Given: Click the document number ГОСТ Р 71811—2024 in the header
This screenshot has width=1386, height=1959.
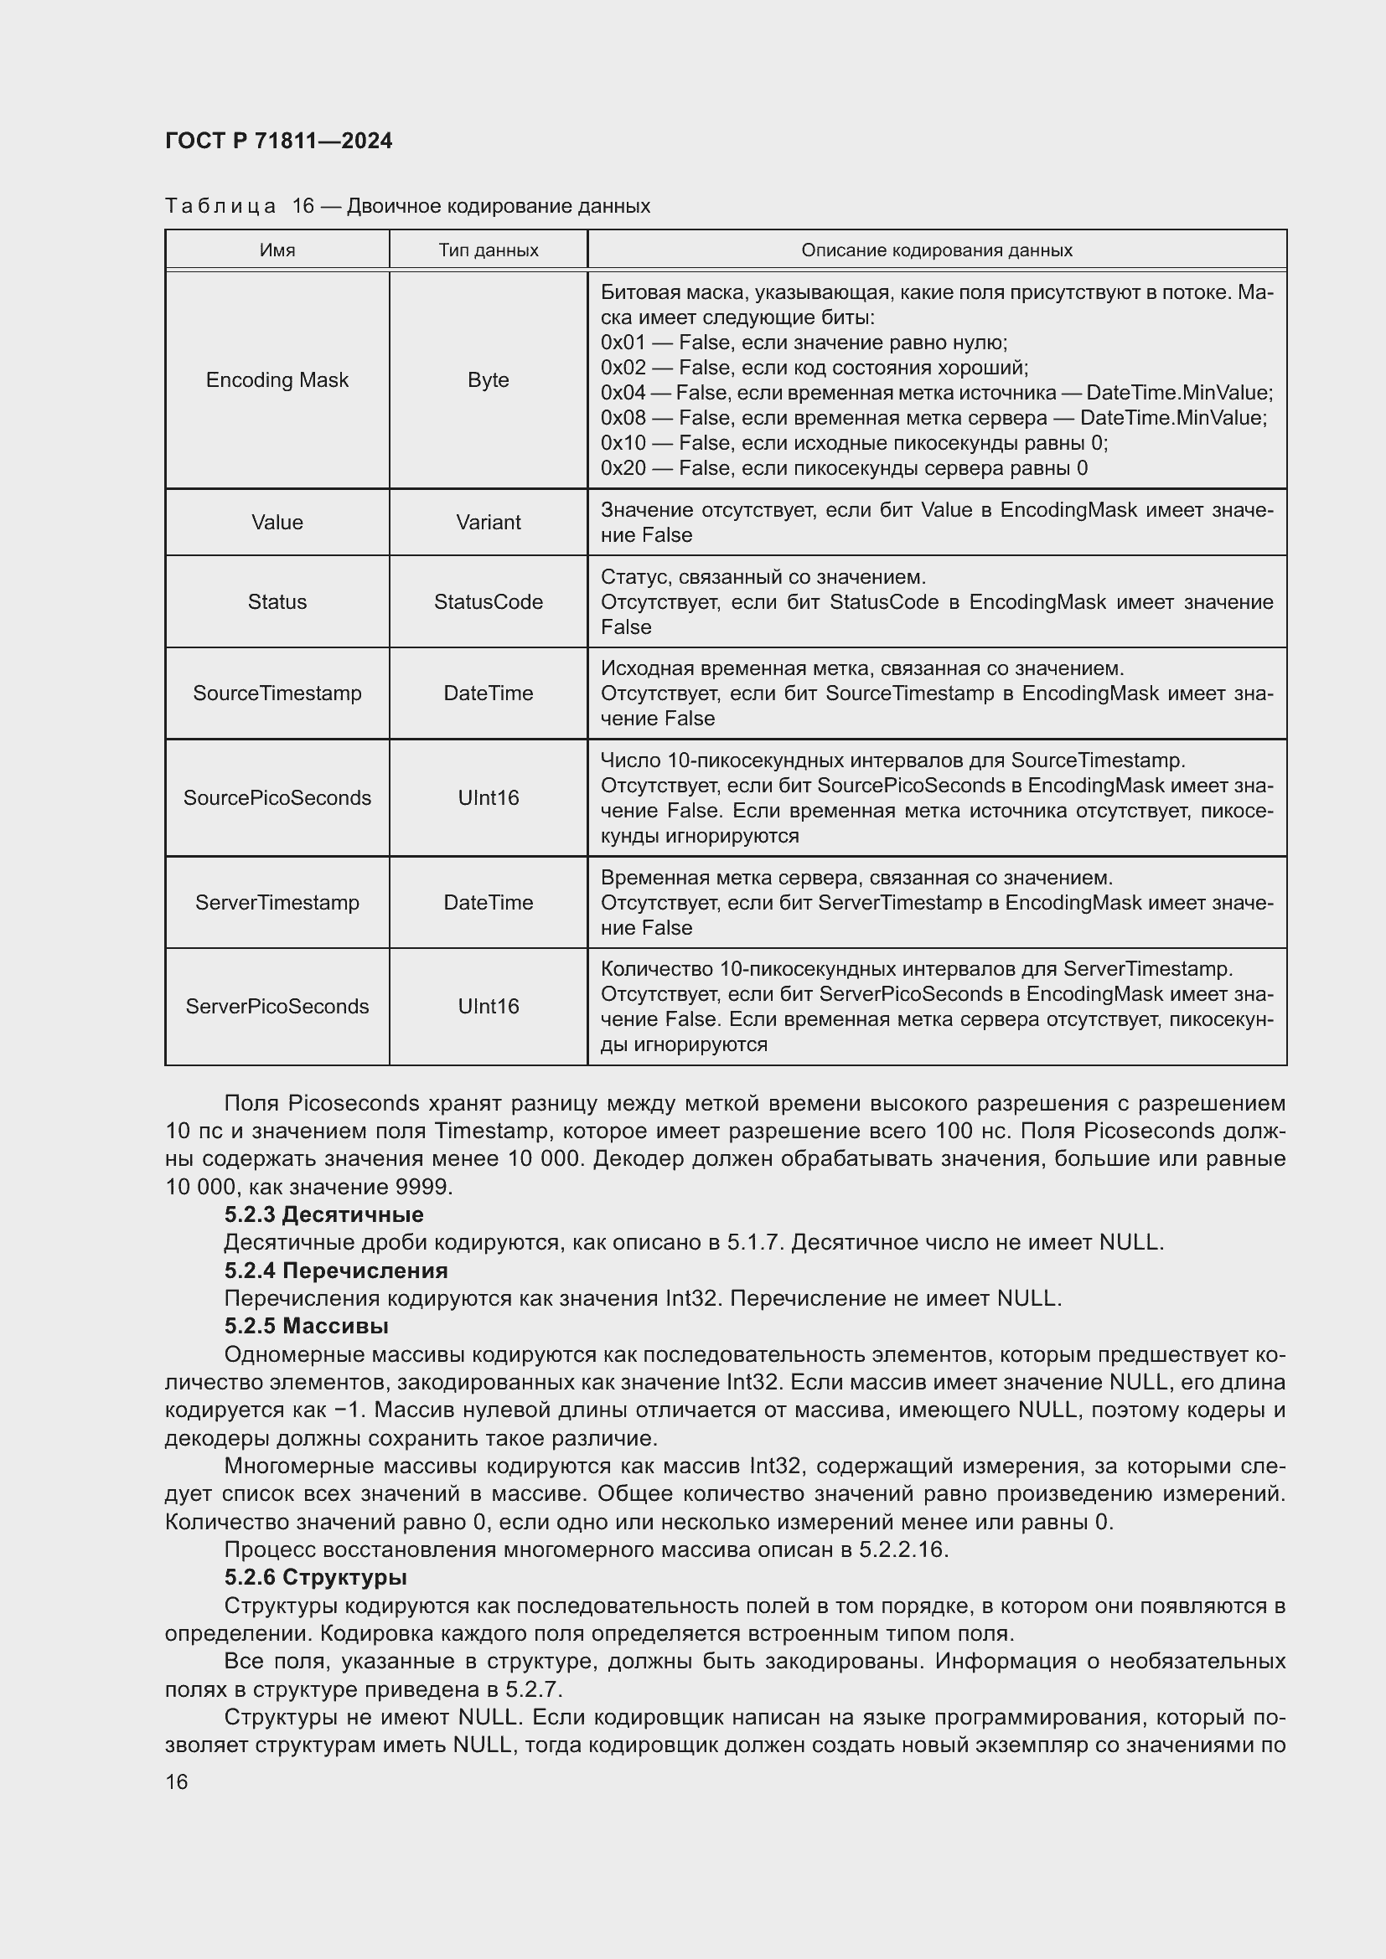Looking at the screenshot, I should pos(278,141).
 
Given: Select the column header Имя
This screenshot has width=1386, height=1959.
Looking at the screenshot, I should pos(277,250).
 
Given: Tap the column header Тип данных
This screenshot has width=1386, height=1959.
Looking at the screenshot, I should pos(489,250).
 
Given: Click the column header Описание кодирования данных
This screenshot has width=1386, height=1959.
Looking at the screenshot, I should pos(936,250).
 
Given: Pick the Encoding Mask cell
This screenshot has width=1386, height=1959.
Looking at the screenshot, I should pos(277,379).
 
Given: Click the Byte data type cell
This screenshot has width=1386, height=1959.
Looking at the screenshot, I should pos(489,379).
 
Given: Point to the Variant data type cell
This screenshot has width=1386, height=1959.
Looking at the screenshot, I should pos(489,522).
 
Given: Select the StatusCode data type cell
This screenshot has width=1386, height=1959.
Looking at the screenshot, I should pos(489,601).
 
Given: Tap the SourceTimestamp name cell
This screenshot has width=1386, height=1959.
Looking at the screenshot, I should pos(277,693).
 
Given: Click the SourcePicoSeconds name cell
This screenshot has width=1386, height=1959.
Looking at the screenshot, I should pos(277,798).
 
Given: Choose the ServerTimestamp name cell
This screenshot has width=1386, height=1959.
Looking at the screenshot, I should pos(277,902).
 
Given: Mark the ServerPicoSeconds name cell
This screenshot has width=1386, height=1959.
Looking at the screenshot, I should pos(277,1006).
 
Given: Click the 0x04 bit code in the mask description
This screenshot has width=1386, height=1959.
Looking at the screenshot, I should pos(622,393).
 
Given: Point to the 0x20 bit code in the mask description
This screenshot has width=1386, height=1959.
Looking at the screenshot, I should pos(622,467).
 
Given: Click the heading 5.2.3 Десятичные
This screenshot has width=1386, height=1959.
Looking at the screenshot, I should pos(324,1214).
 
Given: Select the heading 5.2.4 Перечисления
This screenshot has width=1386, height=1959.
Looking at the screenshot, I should pos(336,1271).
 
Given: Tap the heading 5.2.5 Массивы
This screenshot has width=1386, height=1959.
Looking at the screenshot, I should pos(307,1326).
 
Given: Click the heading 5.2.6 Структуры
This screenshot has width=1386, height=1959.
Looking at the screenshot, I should pos(316,1577).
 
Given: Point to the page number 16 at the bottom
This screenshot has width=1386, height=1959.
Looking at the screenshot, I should pos(177,1781).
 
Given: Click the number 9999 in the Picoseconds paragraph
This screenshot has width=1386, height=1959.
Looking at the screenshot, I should pos(423,1187).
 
